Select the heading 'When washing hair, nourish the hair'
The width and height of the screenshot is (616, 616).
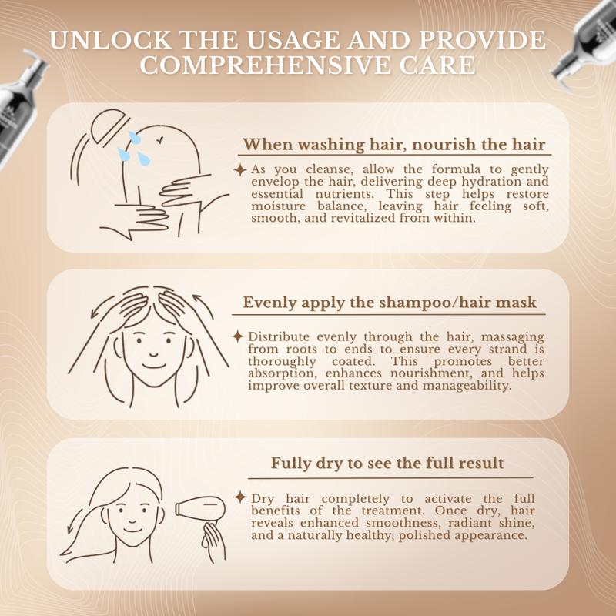394,145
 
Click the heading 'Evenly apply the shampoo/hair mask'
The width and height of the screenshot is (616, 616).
390,303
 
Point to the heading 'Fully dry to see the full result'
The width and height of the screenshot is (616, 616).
387,463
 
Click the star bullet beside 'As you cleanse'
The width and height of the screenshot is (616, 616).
240,170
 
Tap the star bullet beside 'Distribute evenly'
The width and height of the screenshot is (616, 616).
237,336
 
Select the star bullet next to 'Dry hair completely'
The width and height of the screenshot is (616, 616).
240,497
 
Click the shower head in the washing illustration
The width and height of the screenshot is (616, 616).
109,126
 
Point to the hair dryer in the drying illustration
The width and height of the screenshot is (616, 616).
199,509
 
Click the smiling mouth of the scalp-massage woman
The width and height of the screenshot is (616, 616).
153,366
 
